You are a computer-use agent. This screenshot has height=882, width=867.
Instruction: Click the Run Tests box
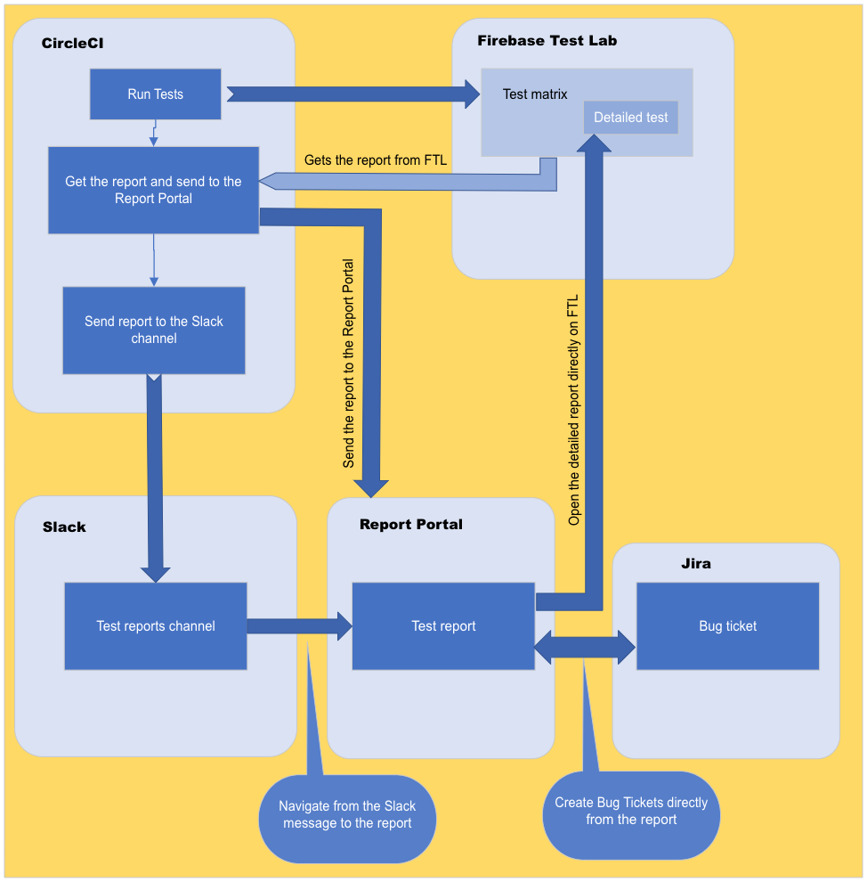click(155, 94)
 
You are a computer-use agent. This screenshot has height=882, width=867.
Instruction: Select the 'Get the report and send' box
click(153, 190)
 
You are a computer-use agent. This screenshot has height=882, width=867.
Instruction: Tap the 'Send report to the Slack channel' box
click(154, 330)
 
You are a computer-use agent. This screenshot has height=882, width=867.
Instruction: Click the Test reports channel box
click(156, 626)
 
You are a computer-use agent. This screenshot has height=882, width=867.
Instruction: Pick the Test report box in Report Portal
click(443, 626)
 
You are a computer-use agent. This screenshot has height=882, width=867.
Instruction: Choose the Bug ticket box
click(727, 626)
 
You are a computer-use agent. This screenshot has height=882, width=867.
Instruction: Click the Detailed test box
click(630, 118)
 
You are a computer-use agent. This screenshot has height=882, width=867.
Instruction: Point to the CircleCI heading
click(73, 44)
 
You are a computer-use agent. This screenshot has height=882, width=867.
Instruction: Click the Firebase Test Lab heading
click(547, 40)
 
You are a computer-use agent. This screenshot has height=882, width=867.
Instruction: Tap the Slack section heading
click(64, 527)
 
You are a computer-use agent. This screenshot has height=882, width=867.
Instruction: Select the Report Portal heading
click(410, 524)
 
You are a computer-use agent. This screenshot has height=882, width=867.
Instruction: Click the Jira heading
click(695, 563)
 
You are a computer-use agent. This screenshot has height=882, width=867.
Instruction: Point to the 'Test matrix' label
click(534, 94)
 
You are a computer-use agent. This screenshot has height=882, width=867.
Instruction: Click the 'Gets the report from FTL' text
click(375, 160)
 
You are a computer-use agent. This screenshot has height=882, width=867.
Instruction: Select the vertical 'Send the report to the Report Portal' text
click(349, 363)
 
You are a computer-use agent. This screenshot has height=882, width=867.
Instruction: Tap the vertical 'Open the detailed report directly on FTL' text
click(574, 410)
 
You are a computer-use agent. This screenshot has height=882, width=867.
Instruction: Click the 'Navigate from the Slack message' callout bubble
click(347, 814)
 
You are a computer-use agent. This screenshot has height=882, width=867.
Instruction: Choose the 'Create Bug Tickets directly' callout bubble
click(631, 811)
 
